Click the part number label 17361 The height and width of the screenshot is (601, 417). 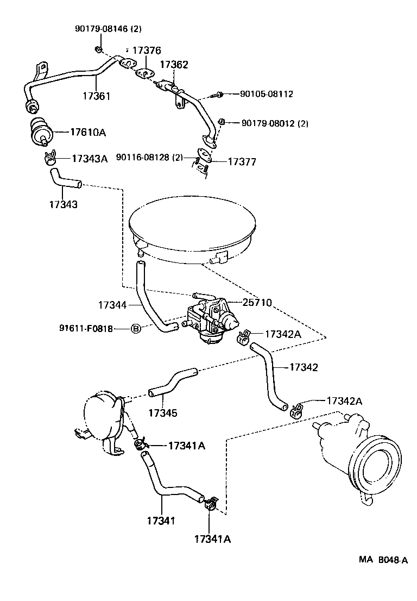tap(96, 96)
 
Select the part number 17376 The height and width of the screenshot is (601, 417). tap(147, 51)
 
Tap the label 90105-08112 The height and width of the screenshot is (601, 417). tap(266, 94)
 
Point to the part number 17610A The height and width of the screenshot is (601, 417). tap(87, 132)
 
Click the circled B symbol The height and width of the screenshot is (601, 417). tap(136, 328)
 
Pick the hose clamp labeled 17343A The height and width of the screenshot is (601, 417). tap(50, 159)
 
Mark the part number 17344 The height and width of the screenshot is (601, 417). tap(112, 305)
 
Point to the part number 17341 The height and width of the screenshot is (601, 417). tap(161, 521)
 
